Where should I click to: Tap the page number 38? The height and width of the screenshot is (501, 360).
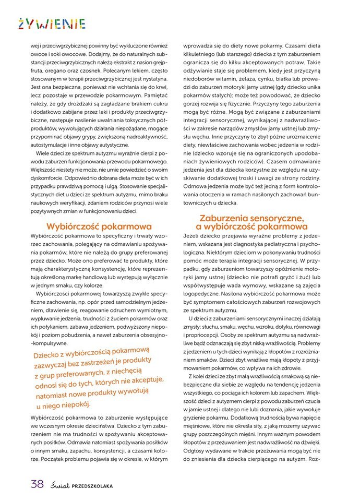click(37, 484)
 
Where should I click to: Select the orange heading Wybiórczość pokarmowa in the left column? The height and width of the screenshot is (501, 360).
click(99, 226)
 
